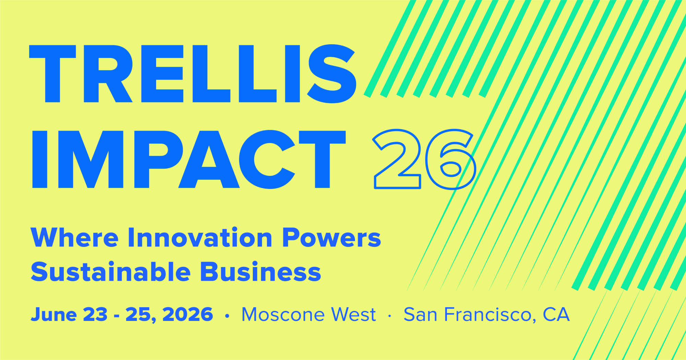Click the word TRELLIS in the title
[192, 74]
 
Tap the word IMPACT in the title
[189, 159]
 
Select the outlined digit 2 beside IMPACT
[397, 159]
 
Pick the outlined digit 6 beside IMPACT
[450, 159]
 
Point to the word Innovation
[200, 237]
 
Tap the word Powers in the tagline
[331, 238]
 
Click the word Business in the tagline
[261, 272]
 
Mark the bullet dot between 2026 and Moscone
[227, 316]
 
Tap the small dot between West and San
[389, 316]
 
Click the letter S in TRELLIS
[332, 74]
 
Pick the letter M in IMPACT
[91, 159]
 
